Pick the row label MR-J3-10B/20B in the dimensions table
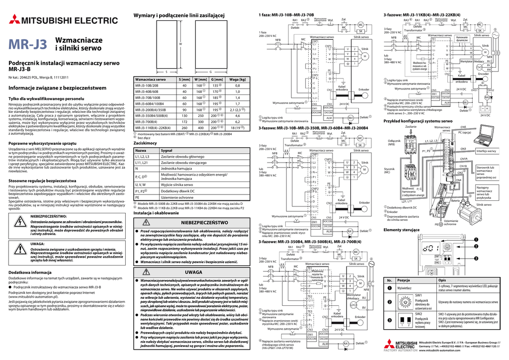148,86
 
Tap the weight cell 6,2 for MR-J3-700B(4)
238,122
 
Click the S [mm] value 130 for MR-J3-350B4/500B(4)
185,116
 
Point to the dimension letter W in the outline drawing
180,44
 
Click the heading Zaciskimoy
146,143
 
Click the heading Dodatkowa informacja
31,273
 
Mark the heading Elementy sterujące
402,230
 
